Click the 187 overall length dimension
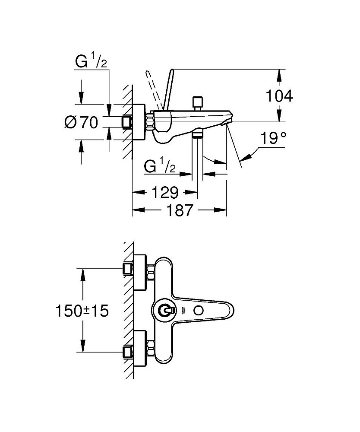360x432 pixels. pyautogui.click(x=179, y=211)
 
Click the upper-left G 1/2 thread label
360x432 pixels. pyautogui.click(x=91, y=63)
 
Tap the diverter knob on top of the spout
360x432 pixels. pyautogui.click(x=198, y=102)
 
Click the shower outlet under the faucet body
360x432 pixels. pyautogui.click(x=197, y=134)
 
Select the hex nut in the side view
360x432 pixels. pyautogui.click(x=150, y=121)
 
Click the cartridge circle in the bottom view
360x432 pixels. pyautogui.click(x=166, y=310)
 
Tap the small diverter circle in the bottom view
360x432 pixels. pyautogui.click(x=199, y=310)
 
